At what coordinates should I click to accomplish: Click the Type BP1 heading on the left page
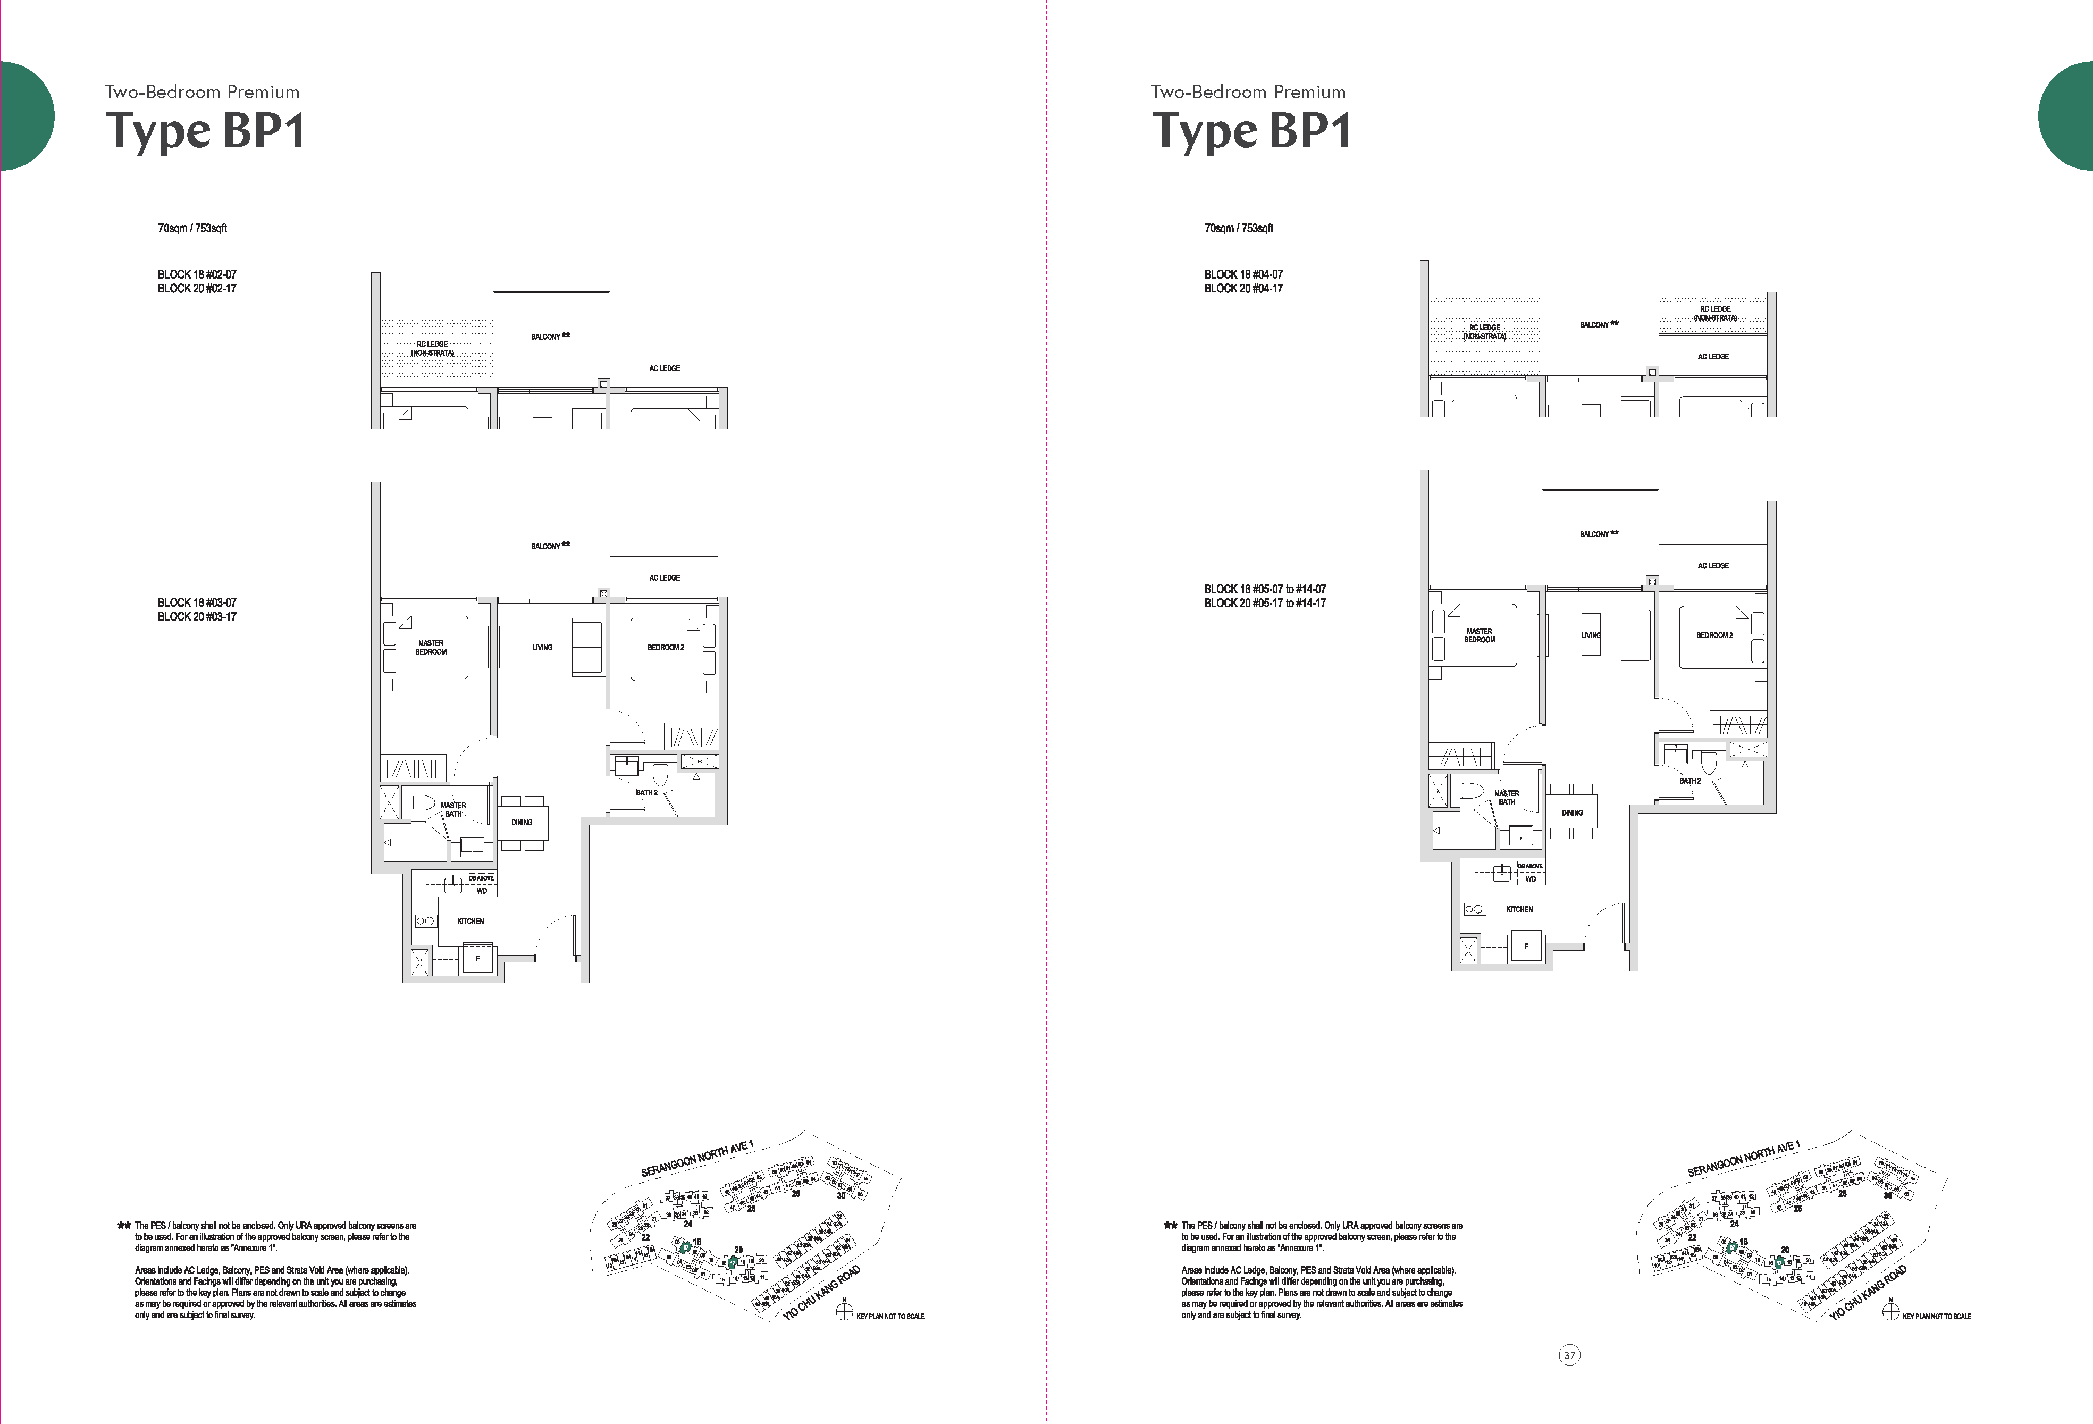click(x=205, y=131)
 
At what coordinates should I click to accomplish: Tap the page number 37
click(x=1570, y=1355)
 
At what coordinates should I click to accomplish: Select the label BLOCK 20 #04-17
click(x=1243, y=288)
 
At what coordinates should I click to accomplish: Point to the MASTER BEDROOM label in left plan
click(x=431, y=647)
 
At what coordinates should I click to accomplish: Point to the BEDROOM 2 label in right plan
click(x=1714, y=635)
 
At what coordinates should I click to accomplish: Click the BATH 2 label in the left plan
click(x=646, y=793)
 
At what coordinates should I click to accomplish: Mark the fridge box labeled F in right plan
click(x=1526, y=946)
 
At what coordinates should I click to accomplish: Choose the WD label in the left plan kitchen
click(x=482, y=891)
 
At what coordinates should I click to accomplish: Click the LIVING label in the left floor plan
click(x=542, y=647)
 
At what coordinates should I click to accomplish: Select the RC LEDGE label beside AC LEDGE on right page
click(x=1714, y=313)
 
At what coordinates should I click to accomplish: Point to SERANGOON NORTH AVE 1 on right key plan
click(x=1743, y=1158)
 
